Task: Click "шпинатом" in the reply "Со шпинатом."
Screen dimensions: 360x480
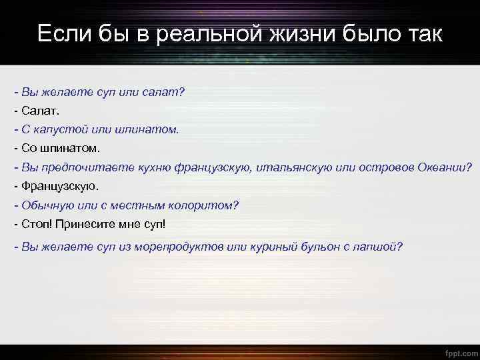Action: [x=68, y=148]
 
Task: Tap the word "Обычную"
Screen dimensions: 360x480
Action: [x=45, y=205]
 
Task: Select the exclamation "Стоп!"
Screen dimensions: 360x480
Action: [x=37, y=224]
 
